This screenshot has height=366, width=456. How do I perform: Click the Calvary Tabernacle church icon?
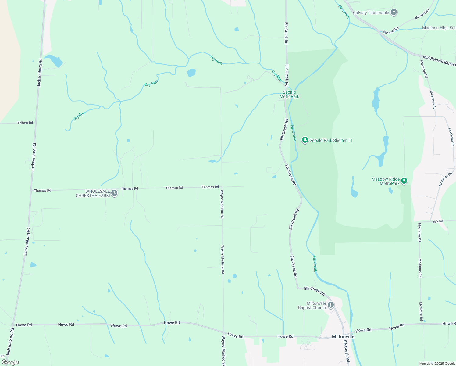point(394,13)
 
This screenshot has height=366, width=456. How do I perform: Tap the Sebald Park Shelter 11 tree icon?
point(305,140)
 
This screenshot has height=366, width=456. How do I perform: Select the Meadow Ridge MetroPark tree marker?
point(404,181)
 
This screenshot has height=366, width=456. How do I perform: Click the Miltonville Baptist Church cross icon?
point(330,305)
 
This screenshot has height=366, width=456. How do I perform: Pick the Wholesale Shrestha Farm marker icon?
point(114,193)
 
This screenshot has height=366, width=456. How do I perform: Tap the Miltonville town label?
point(343,336)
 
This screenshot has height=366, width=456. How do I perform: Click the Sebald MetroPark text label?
point(289,94)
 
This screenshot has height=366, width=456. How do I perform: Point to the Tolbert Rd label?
point(25,123)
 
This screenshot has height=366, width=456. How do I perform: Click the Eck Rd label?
point(438,221)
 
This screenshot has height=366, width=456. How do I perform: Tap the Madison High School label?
point(439,28)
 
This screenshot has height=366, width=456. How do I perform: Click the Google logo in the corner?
point(10,362)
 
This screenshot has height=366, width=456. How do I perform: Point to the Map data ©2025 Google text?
point(437,364)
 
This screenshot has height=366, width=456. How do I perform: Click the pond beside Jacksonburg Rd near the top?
point(54,60)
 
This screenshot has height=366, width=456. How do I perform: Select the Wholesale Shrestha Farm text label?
point(93,193)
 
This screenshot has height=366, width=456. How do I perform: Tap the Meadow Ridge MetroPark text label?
point(386,181)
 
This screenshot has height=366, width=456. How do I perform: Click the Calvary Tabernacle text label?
point(371,13)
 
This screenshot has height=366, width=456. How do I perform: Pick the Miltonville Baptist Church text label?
point(312,305)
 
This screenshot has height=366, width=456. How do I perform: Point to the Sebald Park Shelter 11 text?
point(331,140)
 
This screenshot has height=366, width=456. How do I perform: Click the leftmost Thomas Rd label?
point(43,190)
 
